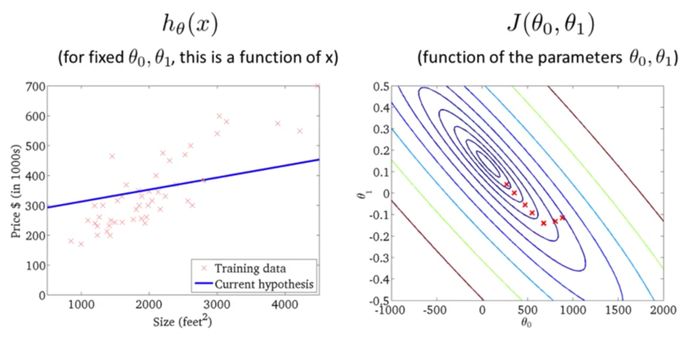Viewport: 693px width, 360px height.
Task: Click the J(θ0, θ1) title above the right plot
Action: click(x=552, y=26)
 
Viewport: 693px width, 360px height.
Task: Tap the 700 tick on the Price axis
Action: click(x=35, y=86)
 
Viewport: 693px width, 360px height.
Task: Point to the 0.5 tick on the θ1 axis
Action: click(x=381, y=86)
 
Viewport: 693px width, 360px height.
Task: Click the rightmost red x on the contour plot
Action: click(x=563, y=218)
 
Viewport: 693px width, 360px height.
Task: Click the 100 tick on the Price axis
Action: click(x=35, y=265)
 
